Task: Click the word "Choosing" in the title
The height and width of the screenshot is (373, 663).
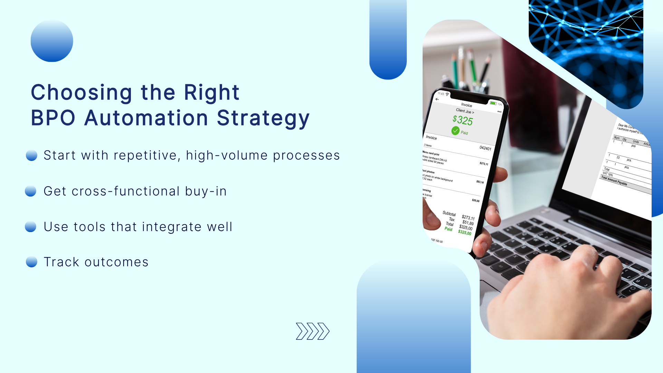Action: [x=81, y=93]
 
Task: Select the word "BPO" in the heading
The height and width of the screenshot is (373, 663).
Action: [x=53, y=118]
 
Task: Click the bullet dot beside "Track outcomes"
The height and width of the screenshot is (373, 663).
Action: [x=31, y=262]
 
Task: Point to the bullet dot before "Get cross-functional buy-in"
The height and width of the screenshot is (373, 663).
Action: [x=31, y=191]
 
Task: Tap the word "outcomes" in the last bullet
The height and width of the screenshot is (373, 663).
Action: [x=116, y=262]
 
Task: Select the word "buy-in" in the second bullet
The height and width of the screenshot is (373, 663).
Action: [x=206, y=191]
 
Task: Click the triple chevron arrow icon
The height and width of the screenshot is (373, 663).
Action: [x=313, y=331]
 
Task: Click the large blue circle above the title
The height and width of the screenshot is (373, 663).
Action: [x=52, y=41]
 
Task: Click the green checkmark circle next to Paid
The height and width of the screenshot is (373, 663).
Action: [x=455, y=131]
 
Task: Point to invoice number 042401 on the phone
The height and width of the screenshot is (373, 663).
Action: [x=485, y=148]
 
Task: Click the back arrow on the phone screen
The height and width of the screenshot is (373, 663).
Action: [x=437, y=99]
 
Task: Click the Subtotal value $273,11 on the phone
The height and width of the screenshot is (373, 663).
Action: [x=468, y=217]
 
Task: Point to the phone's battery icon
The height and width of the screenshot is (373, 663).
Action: [x=493, y=103]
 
